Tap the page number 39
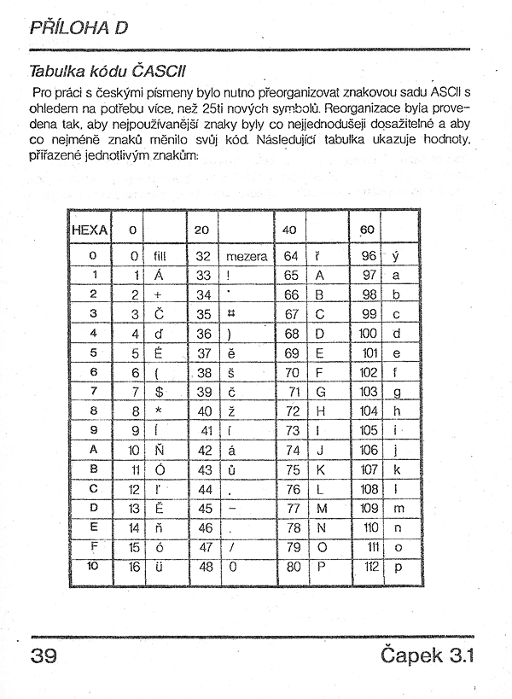point(44,655)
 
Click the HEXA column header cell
point(90,230)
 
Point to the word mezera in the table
point(247,256)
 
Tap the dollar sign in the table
point(159,392)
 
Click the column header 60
point(367,230)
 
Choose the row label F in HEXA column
point(94,546)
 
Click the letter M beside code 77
point(321,508)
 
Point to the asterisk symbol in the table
point(159,411)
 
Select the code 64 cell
point(291,256)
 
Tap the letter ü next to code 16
point(160,566)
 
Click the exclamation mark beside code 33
point(230,276)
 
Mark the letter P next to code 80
point(321,566)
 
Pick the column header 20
point(201,230)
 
